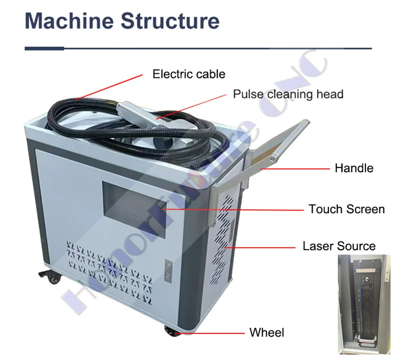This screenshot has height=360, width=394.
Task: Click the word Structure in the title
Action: (x=170, y=21)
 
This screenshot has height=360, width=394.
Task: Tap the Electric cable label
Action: (x=189, y=74)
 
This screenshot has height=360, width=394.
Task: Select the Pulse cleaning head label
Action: (x=288, y=94)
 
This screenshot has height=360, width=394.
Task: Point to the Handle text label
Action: (x=354, y=168)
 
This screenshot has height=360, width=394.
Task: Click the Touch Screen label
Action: (x=346, y=209)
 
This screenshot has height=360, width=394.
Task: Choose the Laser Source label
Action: (x=339, y=246)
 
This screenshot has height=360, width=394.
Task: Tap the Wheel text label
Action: (x=267, y=333)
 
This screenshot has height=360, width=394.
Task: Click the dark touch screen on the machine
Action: (x=134, y=210)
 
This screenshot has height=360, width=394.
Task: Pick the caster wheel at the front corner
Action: (x=172, y=331)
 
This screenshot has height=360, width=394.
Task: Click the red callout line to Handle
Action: (x=295, y=169)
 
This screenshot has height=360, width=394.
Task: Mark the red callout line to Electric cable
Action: (x=109, y=87)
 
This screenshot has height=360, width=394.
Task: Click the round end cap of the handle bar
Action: (x=273, y=158)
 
